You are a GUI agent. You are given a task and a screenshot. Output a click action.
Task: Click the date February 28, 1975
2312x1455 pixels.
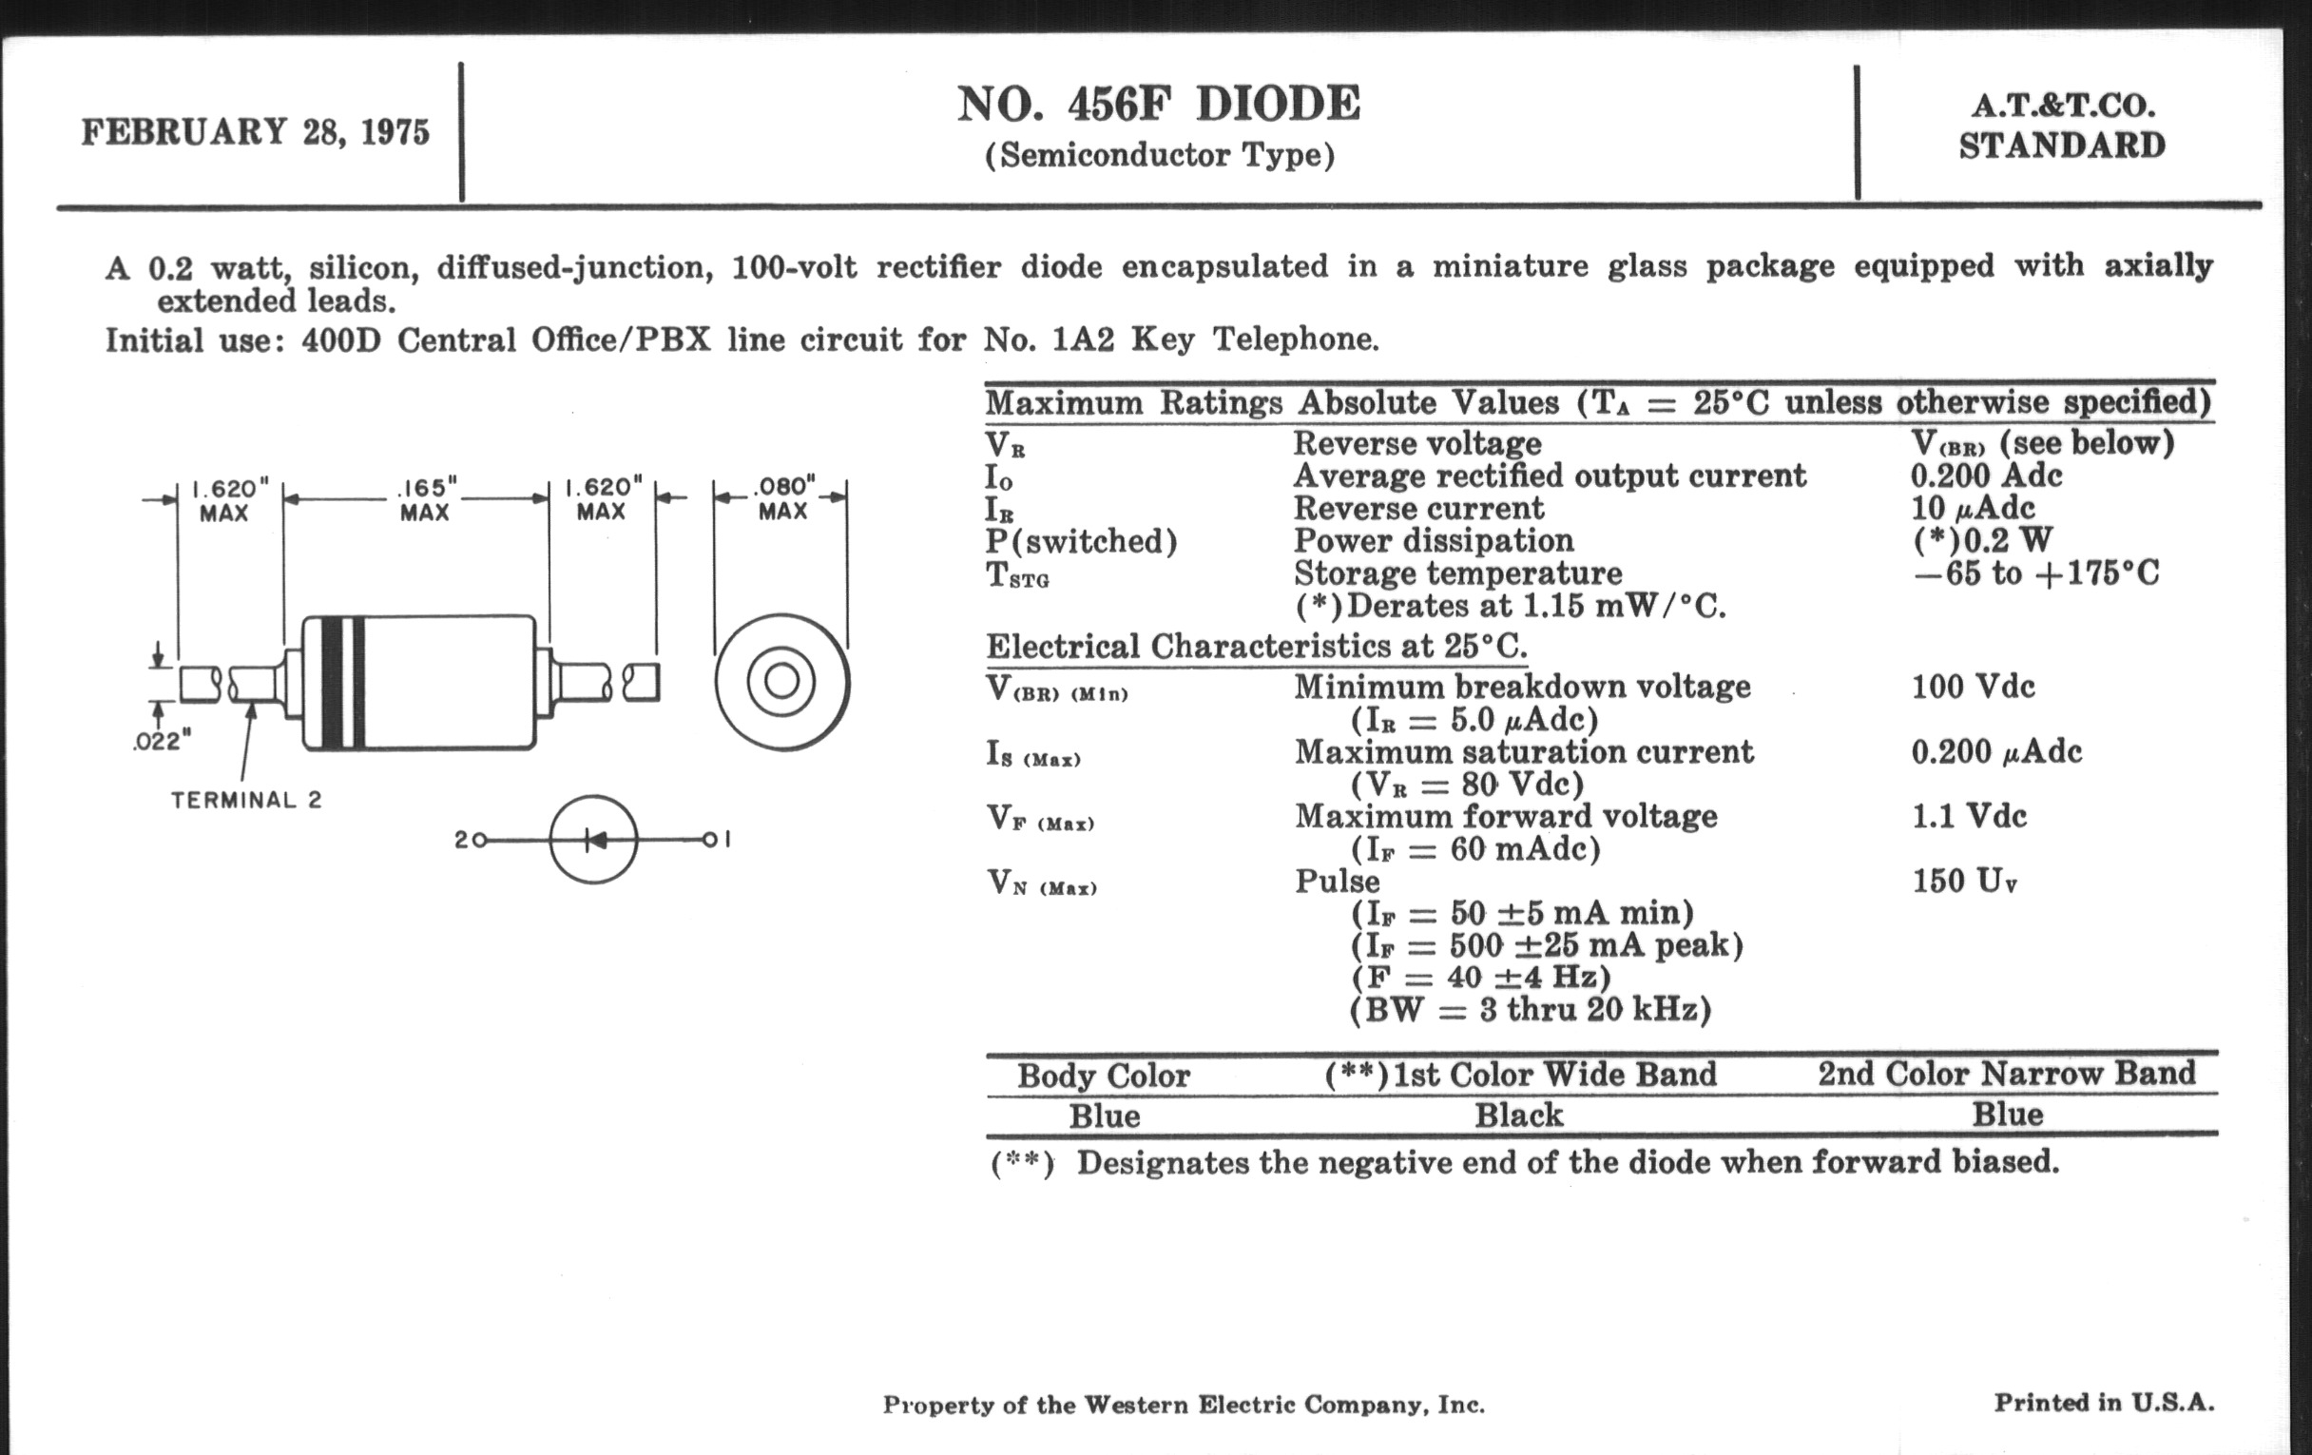pos(256,131)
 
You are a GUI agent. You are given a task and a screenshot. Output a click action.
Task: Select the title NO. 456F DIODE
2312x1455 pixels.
pos(1159,104)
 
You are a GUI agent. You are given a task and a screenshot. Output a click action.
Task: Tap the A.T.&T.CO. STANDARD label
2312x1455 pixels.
pos(2061,126)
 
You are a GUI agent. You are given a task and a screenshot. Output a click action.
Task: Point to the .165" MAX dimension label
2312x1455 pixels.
pos(424,499)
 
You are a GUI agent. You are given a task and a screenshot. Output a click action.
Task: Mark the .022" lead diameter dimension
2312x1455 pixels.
pos(162,742)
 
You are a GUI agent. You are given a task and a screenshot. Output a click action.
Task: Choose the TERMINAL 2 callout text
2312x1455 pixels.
pos(247,800)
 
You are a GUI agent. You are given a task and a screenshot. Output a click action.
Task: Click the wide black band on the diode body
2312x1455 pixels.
pos(332,682)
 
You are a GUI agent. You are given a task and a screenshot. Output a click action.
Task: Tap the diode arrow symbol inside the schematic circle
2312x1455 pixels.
pos(595,841)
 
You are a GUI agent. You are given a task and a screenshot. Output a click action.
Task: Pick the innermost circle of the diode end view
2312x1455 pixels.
pos(781,682)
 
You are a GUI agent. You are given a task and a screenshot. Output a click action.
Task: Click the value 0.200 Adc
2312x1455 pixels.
pos(1986,475)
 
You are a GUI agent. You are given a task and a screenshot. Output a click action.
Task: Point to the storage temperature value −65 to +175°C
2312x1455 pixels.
pos(2035,573)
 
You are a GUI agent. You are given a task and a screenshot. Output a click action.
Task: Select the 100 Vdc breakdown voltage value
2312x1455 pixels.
pos(1972,687)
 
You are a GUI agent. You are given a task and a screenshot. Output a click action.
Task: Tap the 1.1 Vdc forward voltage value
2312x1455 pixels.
pos(1968,816)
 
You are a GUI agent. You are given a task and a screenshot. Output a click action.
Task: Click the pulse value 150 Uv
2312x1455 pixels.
pos(1963,882)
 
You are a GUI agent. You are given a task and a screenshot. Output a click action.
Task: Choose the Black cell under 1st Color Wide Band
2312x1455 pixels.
pos(1519,1115)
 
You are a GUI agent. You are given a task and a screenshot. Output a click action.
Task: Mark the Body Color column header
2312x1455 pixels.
pos(1103,1075)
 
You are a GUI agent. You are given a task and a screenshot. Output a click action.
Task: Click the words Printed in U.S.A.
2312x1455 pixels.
pos(2104,1403)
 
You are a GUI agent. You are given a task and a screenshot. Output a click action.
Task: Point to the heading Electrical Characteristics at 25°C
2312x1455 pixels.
pos(1256,647)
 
